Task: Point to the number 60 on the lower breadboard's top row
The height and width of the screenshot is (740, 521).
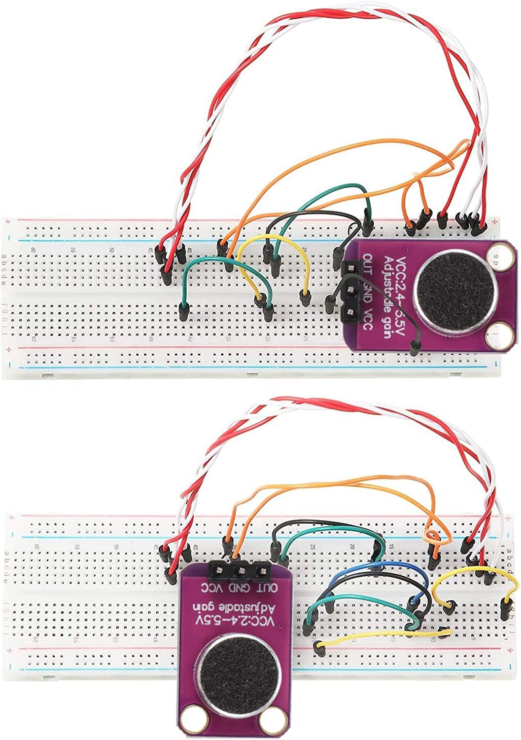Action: [x=36, y=547]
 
